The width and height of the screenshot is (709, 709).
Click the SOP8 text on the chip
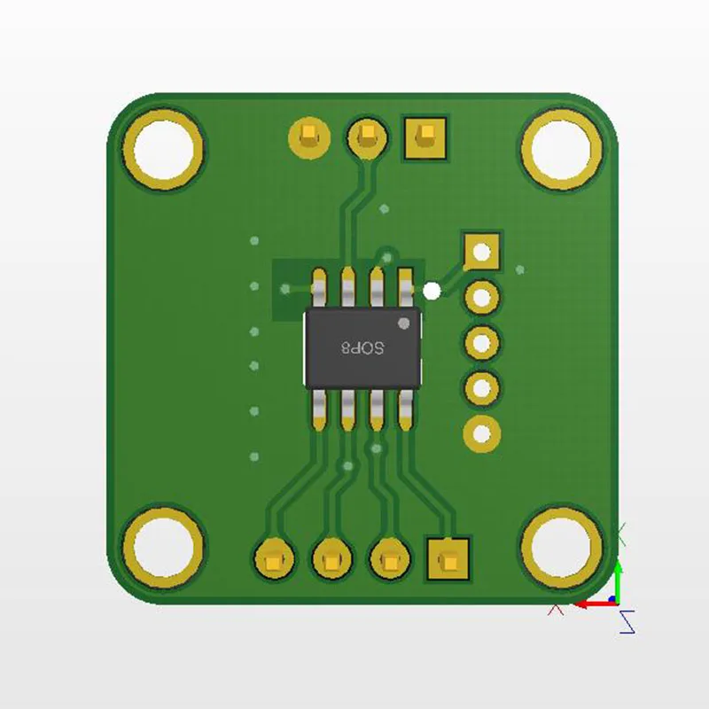tap(362, 347)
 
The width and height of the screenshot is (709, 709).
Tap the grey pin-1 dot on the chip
tap(404, 323)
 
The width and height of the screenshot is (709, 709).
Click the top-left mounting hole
tap(163, 149)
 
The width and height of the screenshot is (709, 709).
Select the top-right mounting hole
tap(562, 150)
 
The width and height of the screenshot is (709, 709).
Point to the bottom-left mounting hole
tap(163, 548)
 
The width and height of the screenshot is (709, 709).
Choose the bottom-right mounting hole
tap(562, 548)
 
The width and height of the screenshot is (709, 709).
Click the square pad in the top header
tap(425, 138)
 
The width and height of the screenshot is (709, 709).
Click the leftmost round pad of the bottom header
tap(275, 559)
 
